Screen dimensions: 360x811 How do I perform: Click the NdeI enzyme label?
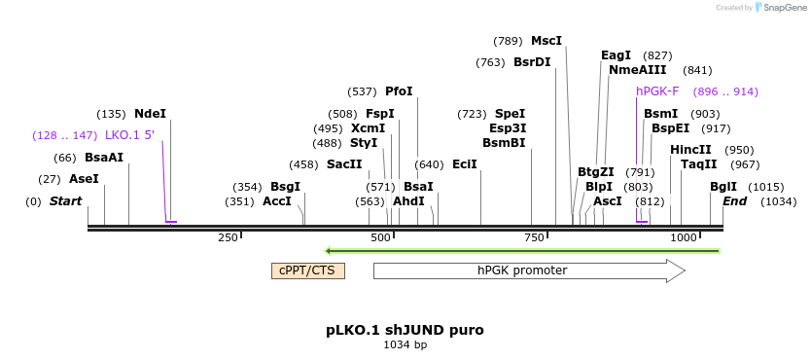(150, 113)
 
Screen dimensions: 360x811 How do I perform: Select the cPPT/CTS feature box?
(307, 270)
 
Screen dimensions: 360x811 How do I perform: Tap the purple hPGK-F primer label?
(657, 91)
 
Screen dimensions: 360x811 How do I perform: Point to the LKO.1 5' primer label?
(129, 135)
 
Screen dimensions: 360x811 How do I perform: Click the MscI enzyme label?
(547, 41)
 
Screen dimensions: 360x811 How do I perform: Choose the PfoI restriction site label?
(399, 91)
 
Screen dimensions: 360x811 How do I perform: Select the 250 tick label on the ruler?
(229, 237)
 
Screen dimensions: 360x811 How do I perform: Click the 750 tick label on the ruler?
(534, 237)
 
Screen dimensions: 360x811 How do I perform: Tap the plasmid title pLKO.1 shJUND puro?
(405, 330)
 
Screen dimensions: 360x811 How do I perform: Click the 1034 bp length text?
(405, 344)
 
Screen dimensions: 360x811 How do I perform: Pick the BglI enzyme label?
(723, 187)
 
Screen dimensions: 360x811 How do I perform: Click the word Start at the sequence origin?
(65, 201)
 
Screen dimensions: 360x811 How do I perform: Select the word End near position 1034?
(734, 201)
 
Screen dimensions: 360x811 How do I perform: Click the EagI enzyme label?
(616, 55)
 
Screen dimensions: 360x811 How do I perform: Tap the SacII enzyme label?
(344, 164)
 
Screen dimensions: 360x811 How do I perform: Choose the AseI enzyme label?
(84, 179)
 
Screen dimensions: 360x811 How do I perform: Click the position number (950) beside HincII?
(739, 150)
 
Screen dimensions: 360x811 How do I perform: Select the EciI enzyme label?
(465, 164)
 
